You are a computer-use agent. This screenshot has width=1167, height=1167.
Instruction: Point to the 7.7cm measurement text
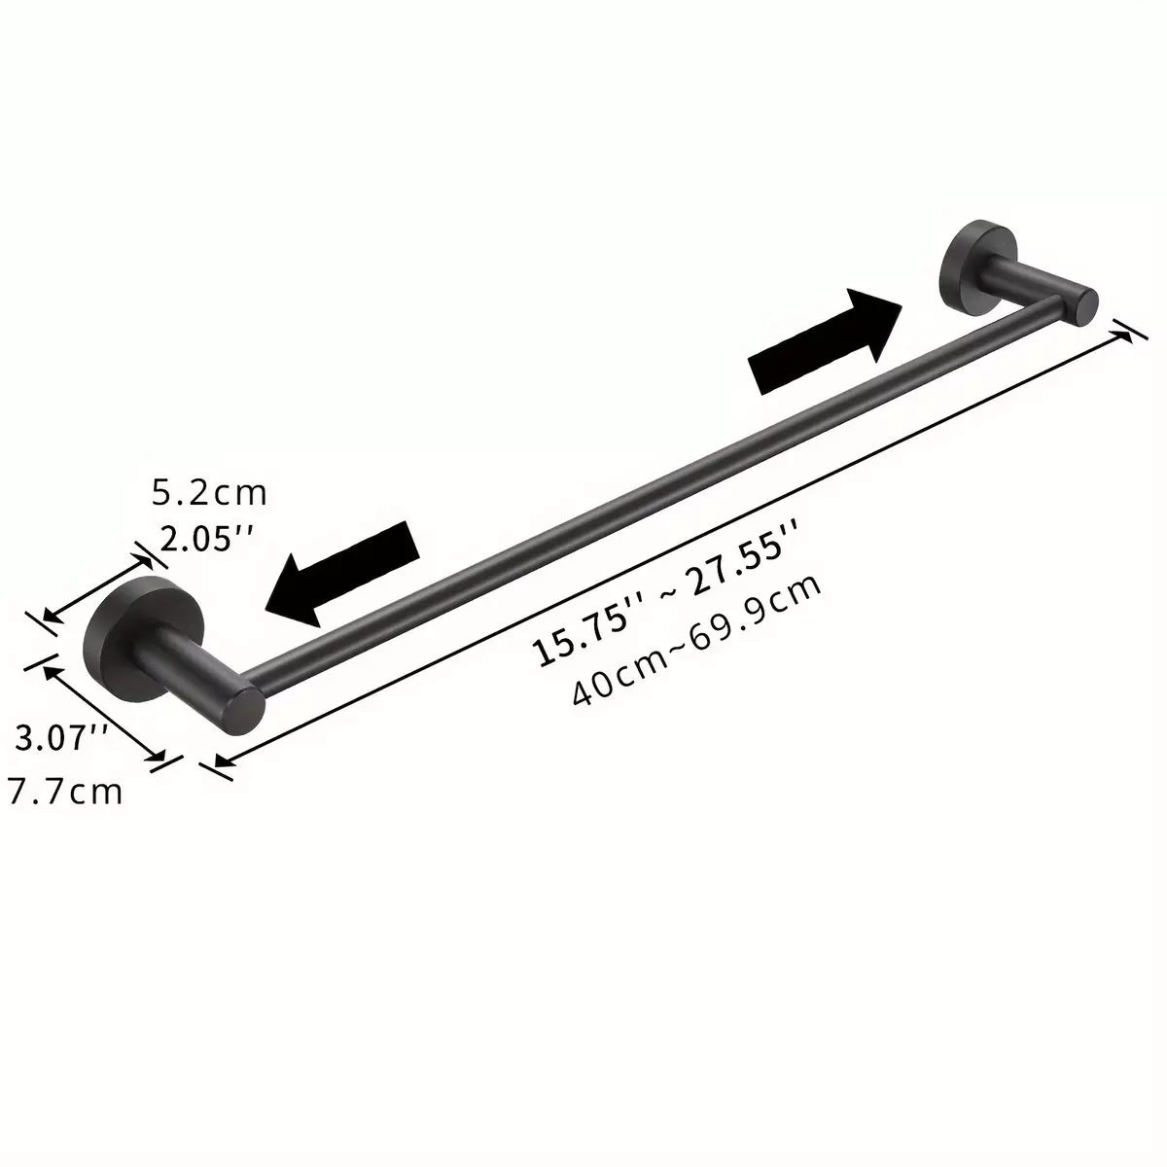coord(65,791)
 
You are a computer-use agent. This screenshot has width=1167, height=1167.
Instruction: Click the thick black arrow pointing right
coord(826,341)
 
